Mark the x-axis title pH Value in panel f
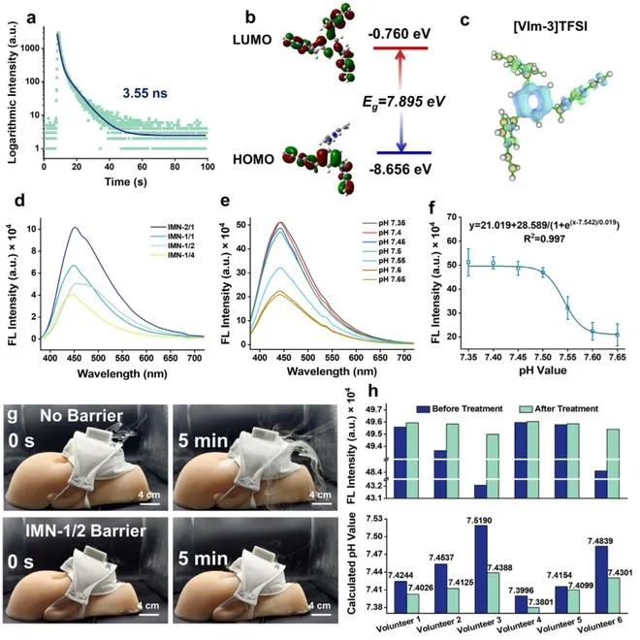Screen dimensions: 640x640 (552, 368)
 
